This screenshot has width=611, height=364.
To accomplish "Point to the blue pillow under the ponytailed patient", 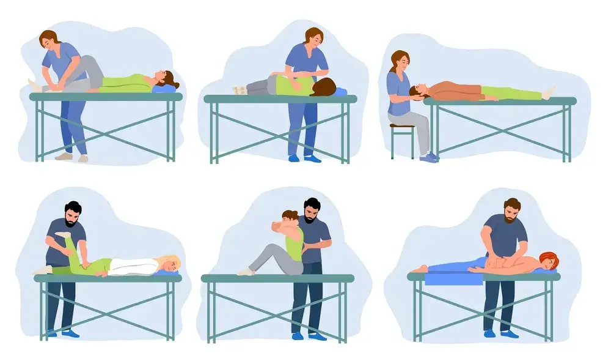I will [162, 89].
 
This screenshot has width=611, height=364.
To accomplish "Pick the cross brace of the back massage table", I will [482, 313].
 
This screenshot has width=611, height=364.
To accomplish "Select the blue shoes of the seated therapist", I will [429, 157].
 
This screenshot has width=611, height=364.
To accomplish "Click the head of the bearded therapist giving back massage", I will [511, 210].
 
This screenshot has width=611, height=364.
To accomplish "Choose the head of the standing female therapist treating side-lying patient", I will [313, 38].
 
